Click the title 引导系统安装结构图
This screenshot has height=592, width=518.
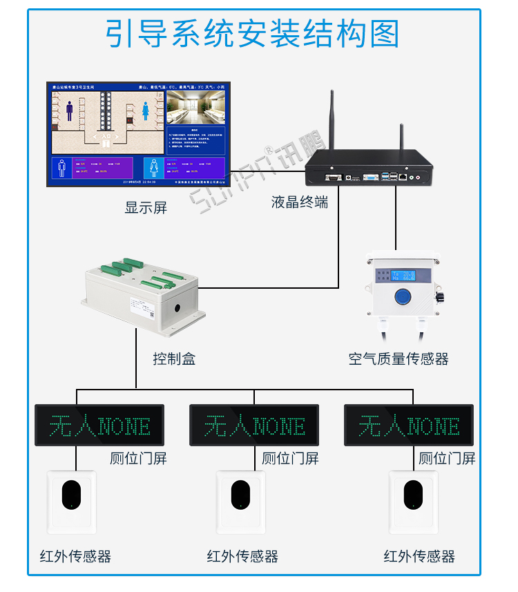[x=252, y=34]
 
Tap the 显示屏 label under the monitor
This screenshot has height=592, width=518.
[x=146, y=207]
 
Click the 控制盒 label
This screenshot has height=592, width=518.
[x=174, y=359]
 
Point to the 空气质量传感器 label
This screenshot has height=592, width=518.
[x=399, y=359]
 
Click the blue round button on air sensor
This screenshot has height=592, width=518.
[x=401, y=297]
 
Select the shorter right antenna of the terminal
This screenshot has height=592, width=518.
[x=401, y=142]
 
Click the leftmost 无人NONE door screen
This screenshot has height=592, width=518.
[x=99, y=425]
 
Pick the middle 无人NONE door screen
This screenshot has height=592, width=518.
[x=254, y=425]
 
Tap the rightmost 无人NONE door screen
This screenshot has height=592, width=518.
[x=409, y=425]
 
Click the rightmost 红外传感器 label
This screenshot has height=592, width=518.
[x=419, y=556]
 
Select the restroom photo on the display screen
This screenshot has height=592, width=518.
[x=195, y=107]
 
